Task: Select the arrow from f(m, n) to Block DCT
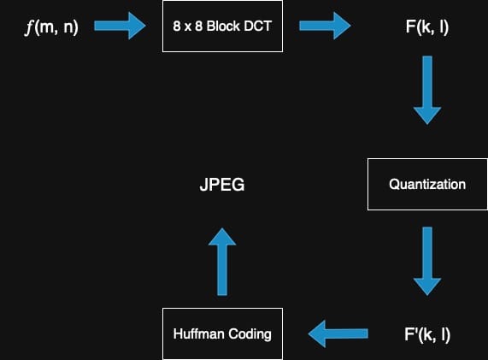[120, 27]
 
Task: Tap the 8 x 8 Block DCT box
[222, 27]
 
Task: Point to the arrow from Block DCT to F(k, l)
[325, 27]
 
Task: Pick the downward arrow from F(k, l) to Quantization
[427, 90]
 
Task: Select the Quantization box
[427, 184]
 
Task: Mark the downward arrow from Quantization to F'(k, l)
[427, 260]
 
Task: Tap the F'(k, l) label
[427, 333]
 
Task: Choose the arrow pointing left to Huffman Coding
[338, 333]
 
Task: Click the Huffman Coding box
[222, 333]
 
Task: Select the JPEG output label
[222, 184]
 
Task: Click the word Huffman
[199, 333]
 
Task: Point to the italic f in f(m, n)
[31, 27]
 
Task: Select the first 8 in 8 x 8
[176, 27]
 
